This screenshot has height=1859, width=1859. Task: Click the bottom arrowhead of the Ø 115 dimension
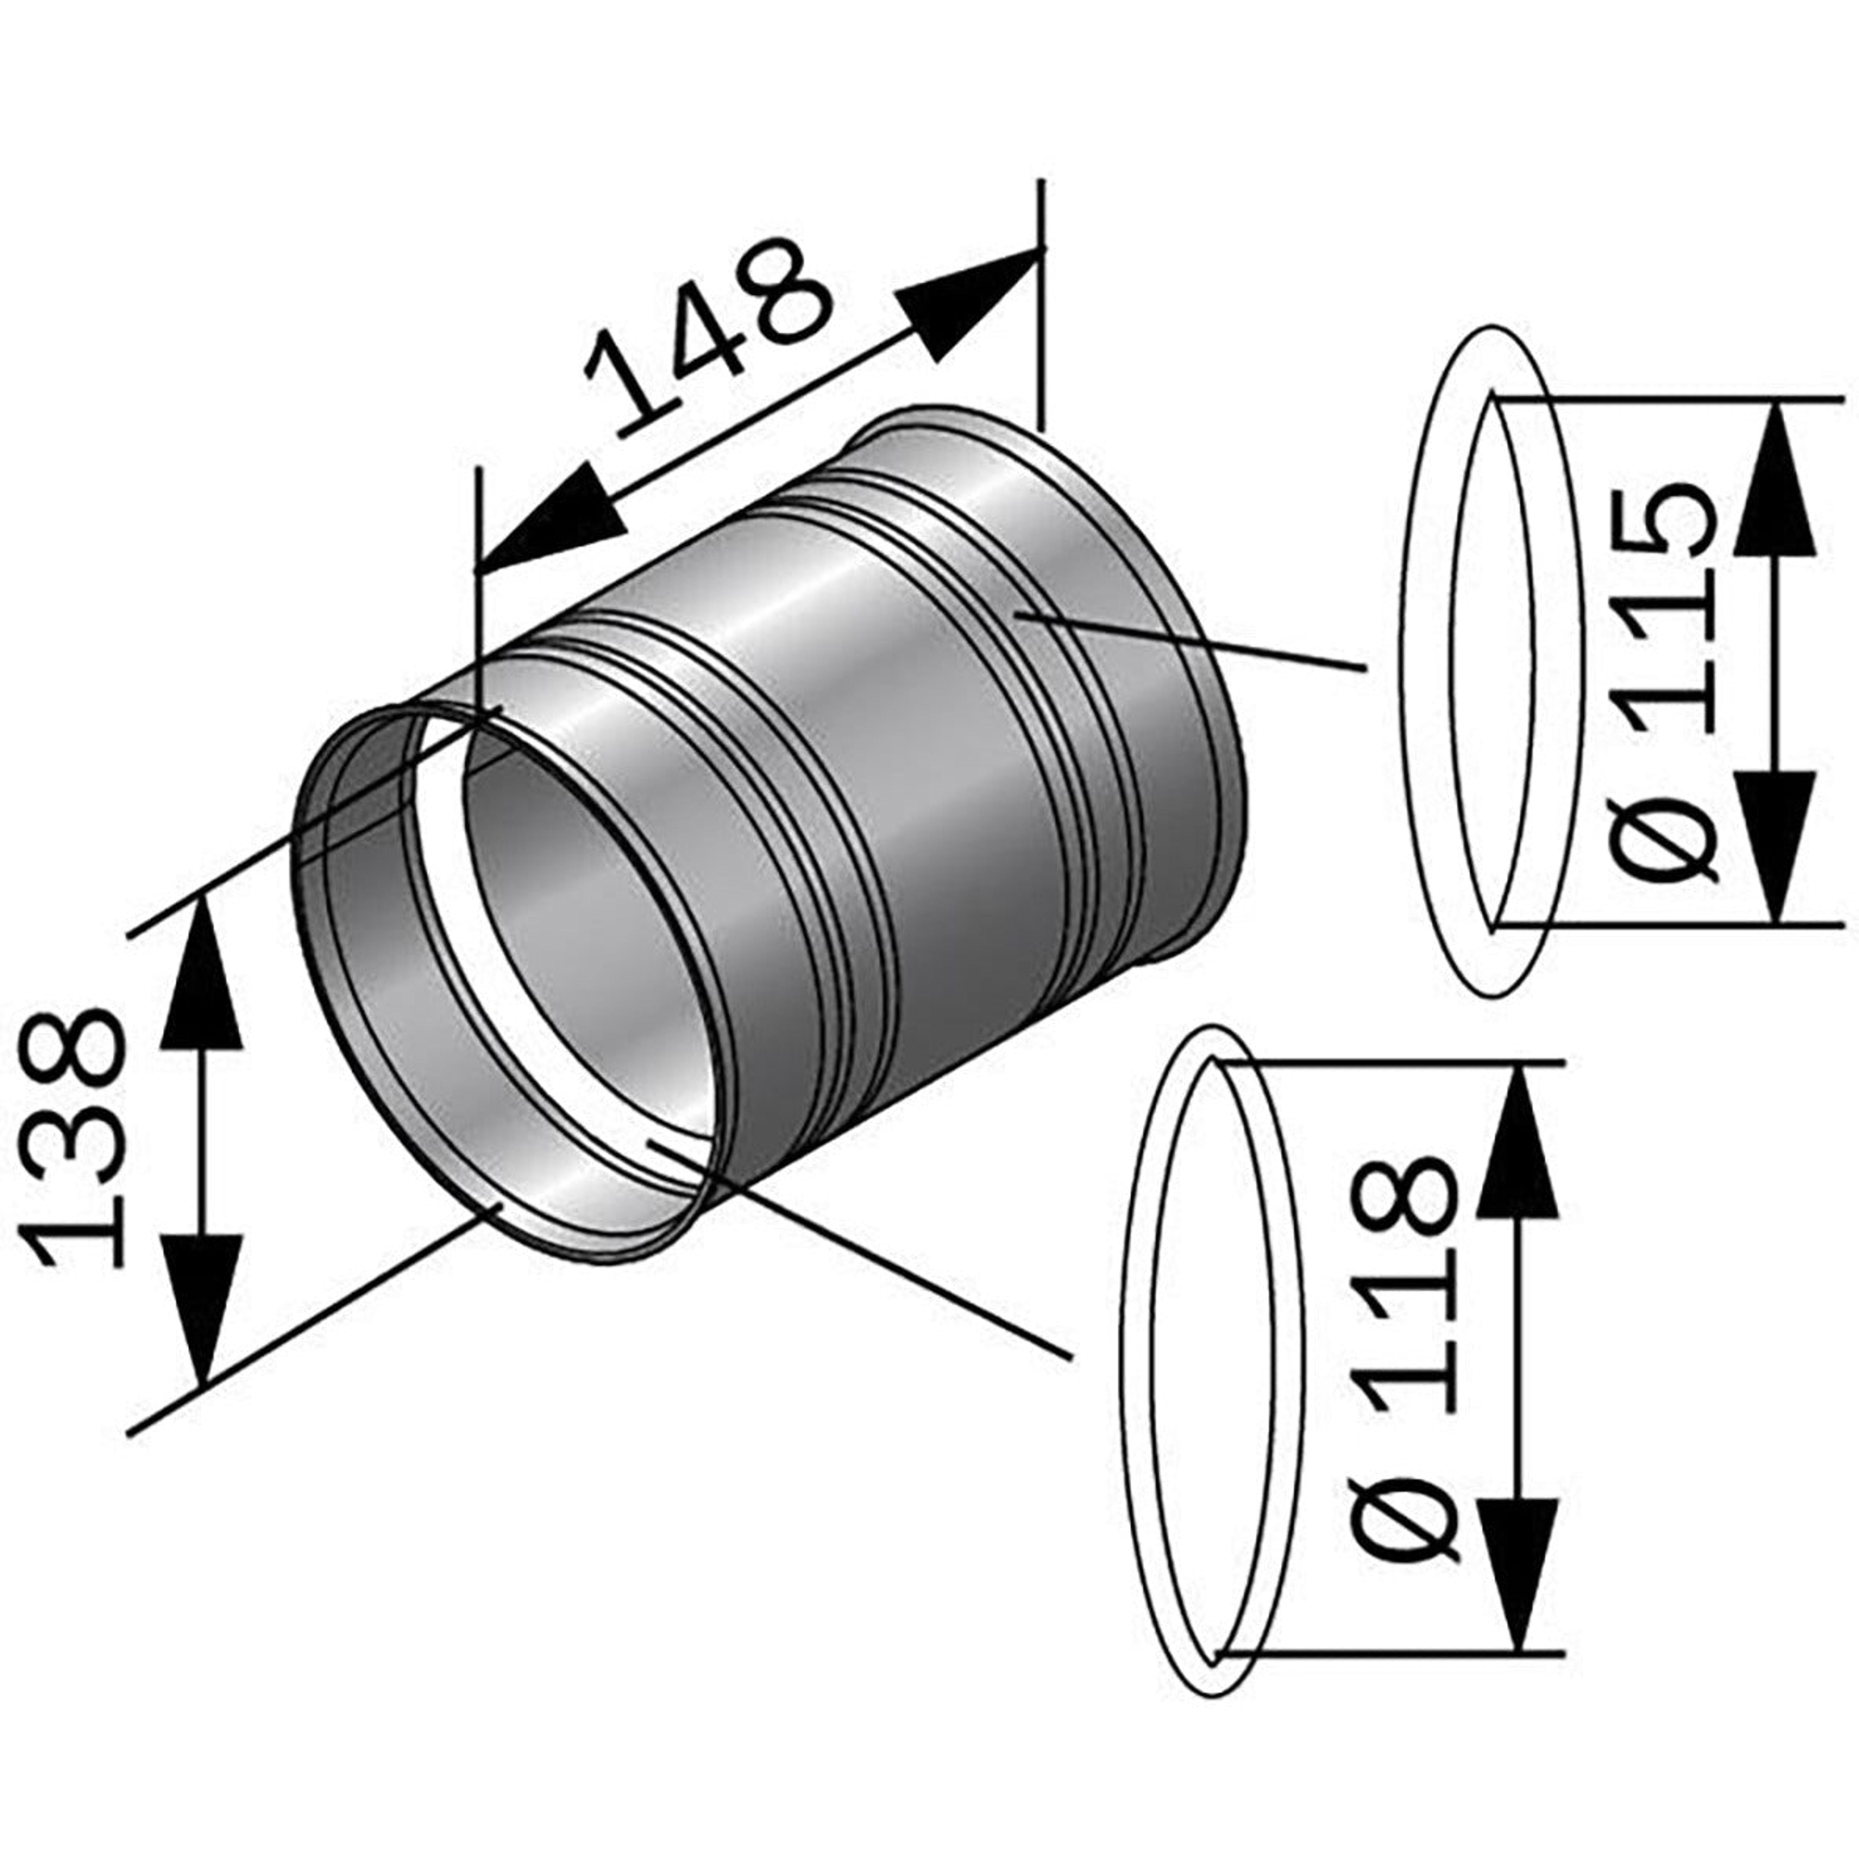1775,847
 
